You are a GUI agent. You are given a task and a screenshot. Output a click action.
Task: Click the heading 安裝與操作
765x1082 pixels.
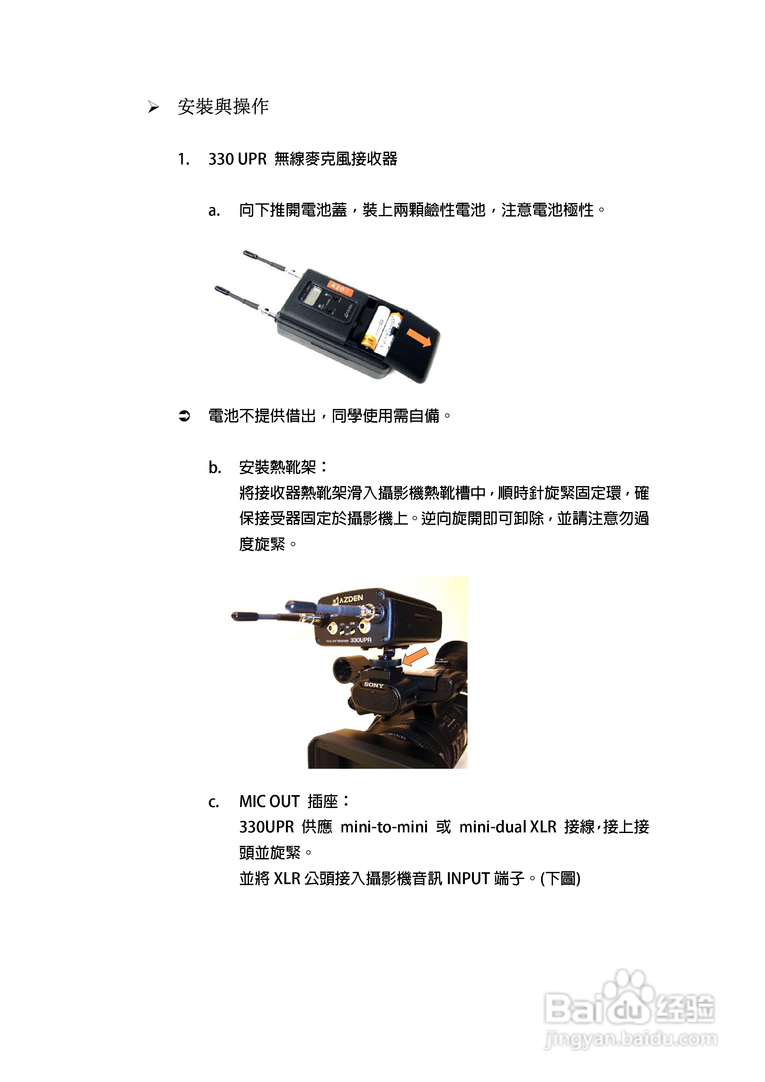pyautogui.click(x=223, y=107)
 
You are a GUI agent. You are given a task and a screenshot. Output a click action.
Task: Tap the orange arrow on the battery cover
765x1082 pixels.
pyautogui.click(x=419, y=337)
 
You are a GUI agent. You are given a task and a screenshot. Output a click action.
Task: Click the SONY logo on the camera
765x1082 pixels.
pyautogui.click(x=373, y=685)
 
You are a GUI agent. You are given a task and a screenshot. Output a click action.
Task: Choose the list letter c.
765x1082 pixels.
pyautogui.click(x=214, y=802)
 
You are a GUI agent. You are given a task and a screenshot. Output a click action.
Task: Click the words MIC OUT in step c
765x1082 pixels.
pyautogui.click(x=269, y=802)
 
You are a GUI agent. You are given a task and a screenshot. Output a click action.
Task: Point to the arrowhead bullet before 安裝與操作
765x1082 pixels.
pyautogui.click(x=153, y=107)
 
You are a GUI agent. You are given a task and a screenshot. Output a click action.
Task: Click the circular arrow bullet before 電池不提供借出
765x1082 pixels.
pyautogui.click(x=184, y=416)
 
